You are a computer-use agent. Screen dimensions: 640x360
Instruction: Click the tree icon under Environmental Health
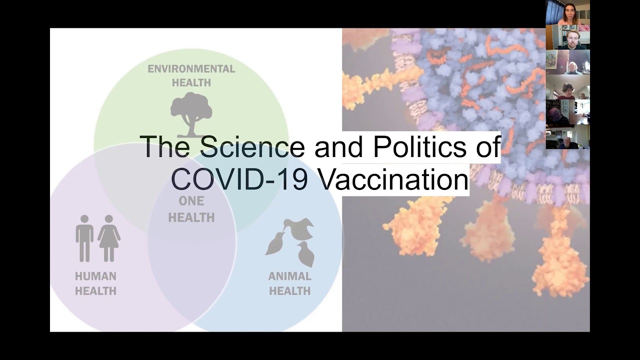coord(191,114)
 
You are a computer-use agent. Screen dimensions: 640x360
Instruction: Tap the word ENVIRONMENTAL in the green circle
coord(191,69)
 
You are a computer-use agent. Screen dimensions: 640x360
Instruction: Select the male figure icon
coord(84,238)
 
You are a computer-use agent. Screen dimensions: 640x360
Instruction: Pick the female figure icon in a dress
coord(109,238)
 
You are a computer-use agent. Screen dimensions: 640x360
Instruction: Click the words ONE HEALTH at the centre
coord(191,209)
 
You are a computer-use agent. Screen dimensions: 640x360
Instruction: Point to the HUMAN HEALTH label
coord(95,283)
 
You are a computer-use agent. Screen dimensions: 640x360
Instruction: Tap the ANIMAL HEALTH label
coord(289,283)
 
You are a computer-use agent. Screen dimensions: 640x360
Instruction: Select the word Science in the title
coord(252,146)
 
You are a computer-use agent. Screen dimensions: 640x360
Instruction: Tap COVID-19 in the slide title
coord(239,179)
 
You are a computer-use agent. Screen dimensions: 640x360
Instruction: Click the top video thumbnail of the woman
coord(567,12)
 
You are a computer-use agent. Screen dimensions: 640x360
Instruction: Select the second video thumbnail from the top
coord(567,37)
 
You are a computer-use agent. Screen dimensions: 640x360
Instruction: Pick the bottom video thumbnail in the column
coord(567,136)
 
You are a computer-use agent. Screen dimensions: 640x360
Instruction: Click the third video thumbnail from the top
coord(567,62)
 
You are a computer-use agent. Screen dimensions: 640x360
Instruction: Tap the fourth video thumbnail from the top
coord(567,87)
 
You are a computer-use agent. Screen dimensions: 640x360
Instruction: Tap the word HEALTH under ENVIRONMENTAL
coord(191,83)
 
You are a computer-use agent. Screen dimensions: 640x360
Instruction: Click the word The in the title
coord(165,146)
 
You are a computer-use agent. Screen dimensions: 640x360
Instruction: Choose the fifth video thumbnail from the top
coord(567,111)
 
